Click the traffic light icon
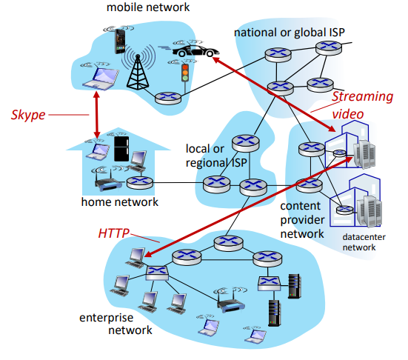pyautogui.click(x=186, y=73)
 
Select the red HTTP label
pyautogui.click(x=115, y=233)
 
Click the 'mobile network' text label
pyautogui.click(x=148, y=8)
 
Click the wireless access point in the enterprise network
pyautogui.click(x=227, y=297)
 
